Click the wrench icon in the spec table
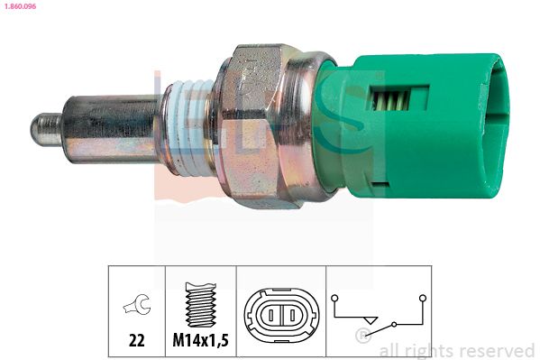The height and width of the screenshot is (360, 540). point(136,305)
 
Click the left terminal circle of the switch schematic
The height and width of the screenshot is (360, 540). point(335,296)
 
